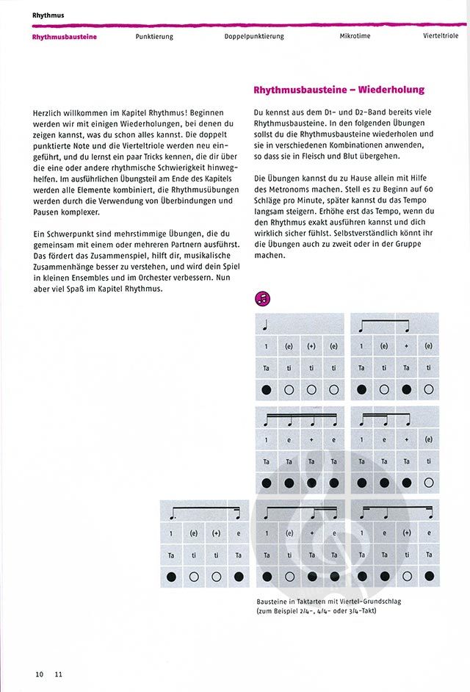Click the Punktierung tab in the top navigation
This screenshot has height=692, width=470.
click(154, 37)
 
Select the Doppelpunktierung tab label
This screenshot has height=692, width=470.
click(255, 37)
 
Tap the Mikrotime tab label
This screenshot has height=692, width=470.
click(355, 37)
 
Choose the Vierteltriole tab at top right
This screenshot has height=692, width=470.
click(441, 37)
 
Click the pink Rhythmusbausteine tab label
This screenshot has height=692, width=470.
click(65, 37)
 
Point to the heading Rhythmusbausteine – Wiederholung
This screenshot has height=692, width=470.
click(339, 90)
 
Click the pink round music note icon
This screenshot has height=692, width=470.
click(262, 298)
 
